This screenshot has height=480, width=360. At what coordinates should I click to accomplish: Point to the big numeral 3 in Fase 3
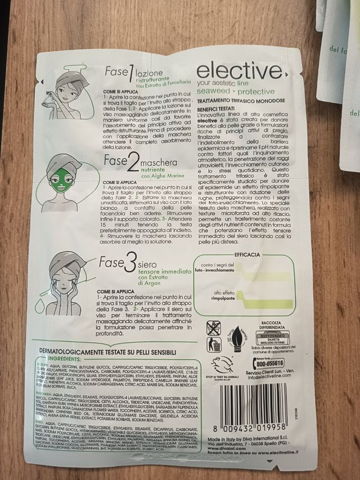[130, 262]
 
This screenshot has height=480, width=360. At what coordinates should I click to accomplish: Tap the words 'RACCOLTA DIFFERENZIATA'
[273, 327]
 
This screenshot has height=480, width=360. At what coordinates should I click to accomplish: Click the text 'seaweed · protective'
[236, 92]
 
